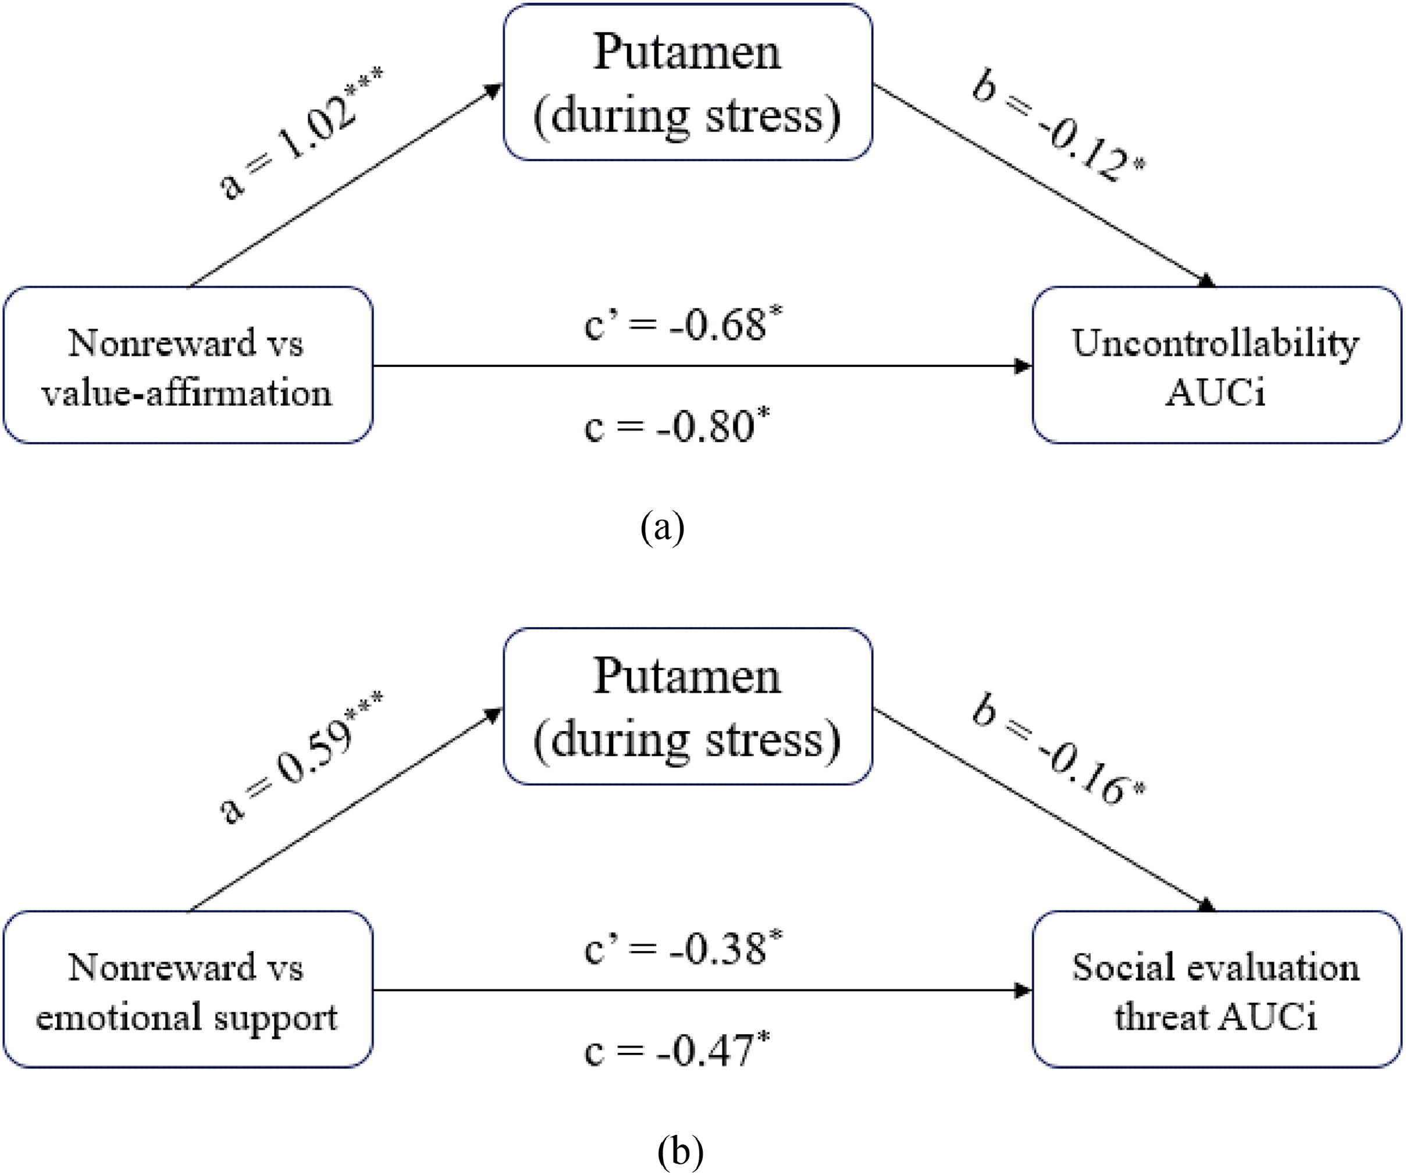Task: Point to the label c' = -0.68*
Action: (x=684, y=325)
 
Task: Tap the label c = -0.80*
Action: (x=676, y=426)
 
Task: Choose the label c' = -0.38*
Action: (x=684, y=949)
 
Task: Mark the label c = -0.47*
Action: (x=676, y=1050)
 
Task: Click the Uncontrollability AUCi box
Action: (x=1216, y=365)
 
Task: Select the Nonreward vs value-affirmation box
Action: (x=187, y=365)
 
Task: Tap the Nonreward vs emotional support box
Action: (x=187, y=989)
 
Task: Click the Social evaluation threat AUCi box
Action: (x=1216, y=989)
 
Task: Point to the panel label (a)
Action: (x=662, y=528)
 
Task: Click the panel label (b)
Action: (x=680, y=1152)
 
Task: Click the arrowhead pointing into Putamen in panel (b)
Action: (x=494, y=715)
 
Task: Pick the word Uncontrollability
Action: (x=1216, y=343)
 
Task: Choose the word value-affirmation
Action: (x=187, y=392)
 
